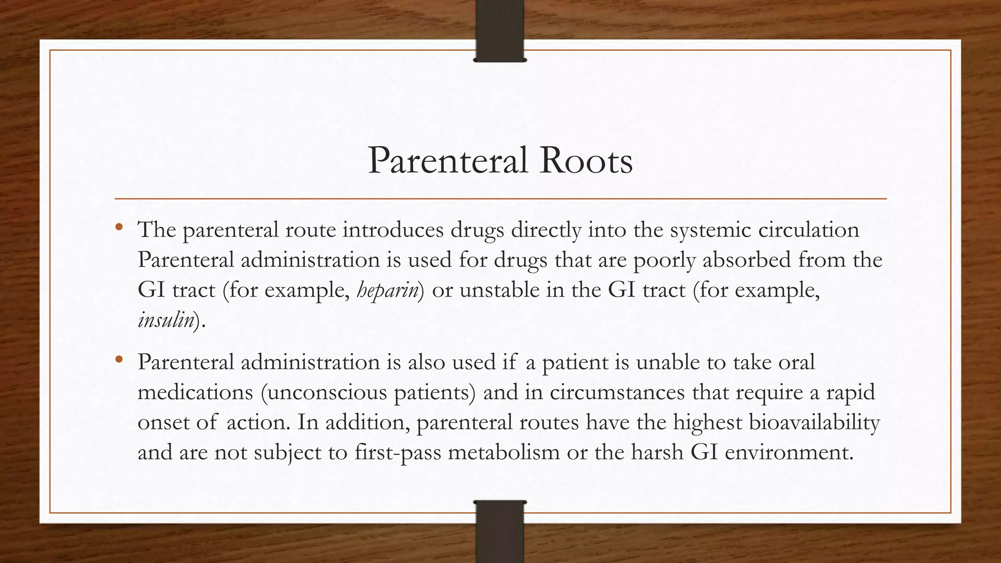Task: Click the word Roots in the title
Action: pos(586,161)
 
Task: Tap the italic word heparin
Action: pos(388,290)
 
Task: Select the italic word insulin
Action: pos(166,321)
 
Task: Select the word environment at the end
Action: pos(788,453)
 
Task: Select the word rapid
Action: pos(850,392)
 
